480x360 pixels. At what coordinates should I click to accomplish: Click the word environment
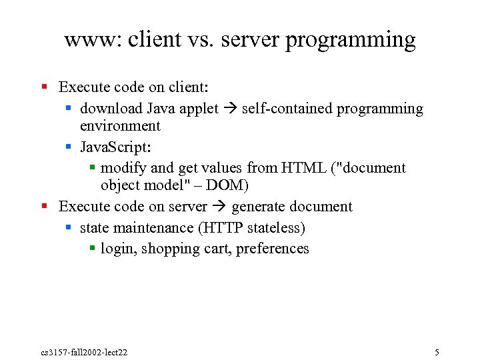point(120,126)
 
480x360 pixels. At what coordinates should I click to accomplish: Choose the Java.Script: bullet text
point(114,147)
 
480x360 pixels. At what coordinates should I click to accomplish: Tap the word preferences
point(272,249)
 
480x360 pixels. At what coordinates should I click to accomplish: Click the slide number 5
point(436,352)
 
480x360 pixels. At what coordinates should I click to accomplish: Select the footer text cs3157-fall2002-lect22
point(84,352)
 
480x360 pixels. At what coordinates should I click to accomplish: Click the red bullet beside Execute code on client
point(45,87)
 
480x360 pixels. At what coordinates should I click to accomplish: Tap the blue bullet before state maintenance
point(69,228)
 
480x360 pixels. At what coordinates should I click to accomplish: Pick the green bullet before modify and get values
point(93,167)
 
